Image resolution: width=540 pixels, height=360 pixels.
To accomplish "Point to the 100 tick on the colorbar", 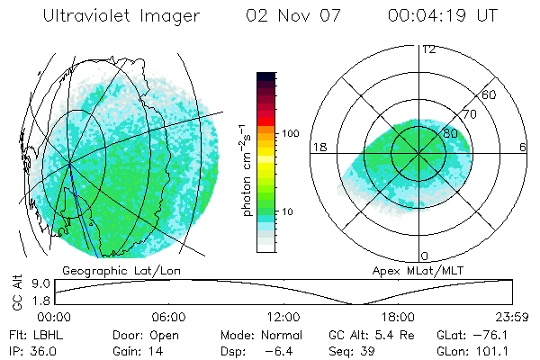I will click(x=291, y=133).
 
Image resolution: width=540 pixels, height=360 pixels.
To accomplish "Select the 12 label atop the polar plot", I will click(x=428, y=49).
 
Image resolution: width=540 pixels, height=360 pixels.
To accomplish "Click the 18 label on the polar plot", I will click(x=318, y=147).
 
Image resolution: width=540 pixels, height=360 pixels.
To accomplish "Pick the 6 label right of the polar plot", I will click(x=522, y=147).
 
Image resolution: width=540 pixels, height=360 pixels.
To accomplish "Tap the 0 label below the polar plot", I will click(x=425, y=256).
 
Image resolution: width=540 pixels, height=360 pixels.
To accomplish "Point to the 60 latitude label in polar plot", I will click(x=490, y=94).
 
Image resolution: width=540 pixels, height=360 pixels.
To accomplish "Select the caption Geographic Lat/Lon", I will click(x=111, y=270).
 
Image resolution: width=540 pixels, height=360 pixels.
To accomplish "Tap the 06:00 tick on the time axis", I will click(x=168, y=317).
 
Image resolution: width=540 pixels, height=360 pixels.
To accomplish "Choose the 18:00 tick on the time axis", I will click(x=398, y=317).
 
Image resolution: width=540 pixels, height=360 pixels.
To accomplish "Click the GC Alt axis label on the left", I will click(x=14, y=292).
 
